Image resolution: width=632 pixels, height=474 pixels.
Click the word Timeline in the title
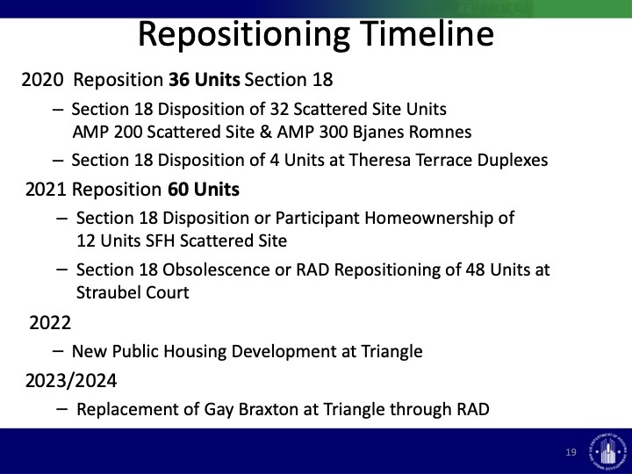427,33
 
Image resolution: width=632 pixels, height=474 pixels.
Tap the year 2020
42,79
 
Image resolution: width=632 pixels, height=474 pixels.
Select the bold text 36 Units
204,79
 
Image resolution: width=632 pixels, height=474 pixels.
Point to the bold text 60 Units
204,189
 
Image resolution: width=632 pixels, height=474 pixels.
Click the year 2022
50,323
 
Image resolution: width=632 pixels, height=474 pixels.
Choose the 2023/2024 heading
71,380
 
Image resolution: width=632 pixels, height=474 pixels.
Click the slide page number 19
571,452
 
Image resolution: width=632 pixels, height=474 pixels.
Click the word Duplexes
513,160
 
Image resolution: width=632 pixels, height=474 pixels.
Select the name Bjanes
378,133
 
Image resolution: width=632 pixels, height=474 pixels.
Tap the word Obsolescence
216,269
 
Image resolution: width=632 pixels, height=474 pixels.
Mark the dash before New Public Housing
58,351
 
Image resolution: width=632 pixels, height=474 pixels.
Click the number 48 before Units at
475,269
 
